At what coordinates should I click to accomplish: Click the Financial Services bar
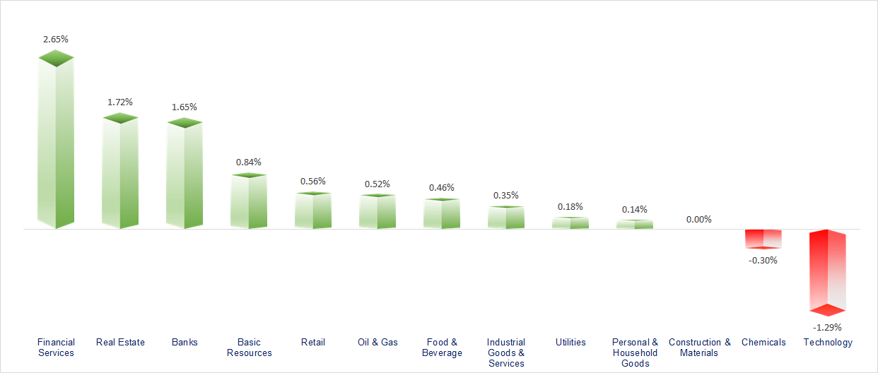(x=55, y=141)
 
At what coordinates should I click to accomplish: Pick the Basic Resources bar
(x=249, y=201)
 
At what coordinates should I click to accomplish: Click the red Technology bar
(x=828, y=271)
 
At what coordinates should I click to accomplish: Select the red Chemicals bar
(x=763, y=239)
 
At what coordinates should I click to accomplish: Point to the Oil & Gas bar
(x=377, y=211)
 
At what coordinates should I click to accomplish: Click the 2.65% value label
(x=56, y=40)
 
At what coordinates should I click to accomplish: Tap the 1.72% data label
(x=120, y=102)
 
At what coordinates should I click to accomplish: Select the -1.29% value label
(x=827, y=328)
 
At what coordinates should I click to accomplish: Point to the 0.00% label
(x=698, y=220)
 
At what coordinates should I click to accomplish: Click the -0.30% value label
(x=763, y=260)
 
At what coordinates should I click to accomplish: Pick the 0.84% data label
(x=249, y=162)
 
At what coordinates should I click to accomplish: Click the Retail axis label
(x=313, y=343)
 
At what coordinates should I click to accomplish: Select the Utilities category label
(x=570, y=343)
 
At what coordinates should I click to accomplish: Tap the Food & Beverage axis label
(x=442, y=348)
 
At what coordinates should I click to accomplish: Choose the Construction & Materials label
(x=699, y=348)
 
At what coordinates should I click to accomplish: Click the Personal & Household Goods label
(x=635, y=353)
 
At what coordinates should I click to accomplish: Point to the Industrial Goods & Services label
(x=506, y=353)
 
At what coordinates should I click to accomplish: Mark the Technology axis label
(x=828, y=343)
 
